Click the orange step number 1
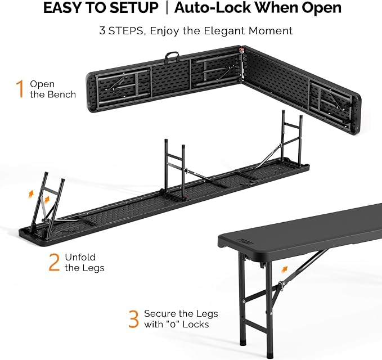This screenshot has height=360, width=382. click(x=20, y=89)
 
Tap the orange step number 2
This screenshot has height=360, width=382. click(x=54, y=262)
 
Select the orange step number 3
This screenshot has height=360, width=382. click(x=133, y=319)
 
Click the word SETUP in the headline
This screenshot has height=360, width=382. click(x=134, y=7)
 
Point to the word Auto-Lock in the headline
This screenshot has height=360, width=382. click(x=213, y=7)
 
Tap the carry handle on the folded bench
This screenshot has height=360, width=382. click(x=172, y=57)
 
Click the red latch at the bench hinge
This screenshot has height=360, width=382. click(x=242, y=51)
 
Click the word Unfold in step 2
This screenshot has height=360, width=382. click(x=80, y=257)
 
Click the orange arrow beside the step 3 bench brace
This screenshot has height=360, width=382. click(x=284, y=269)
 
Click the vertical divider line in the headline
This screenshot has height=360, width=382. click(x=167, y=8)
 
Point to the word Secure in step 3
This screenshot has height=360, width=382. click(x=160, y=314)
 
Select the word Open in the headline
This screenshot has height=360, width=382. click(x=321, y=8)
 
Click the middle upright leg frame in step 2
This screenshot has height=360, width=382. click(x=175, y=168)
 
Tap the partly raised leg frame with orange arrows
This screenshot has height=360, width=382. click(x=48, y=202)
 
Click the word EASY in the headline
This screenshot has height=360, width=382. click(x=63, y=7)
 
